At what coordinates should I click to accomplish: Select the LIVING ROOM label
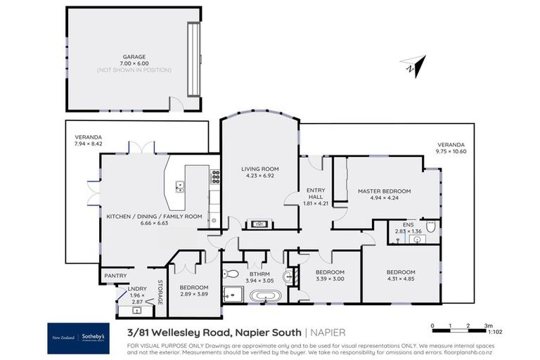(x=260, y=169)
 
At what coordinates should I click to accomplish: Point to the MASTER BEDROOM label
(x=384, y=191)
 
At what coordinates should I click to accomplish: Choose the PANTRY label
(x=114, y=275)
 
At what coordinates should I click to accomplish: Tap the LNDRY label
(x=137, y=289)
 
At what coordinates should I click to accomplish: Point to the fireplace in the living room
(x=260, y=224)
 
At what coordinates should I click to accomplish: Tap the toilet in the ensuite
(x=431, y=227)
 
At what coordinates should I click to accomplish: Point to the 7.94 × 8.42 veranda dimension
(x=88, y=143)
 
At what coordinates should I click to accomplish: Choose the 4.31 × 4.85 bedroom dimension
(x=401, y=279)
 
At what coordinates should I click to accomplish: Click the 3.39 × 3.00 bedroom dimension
(x=329, y=279)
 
